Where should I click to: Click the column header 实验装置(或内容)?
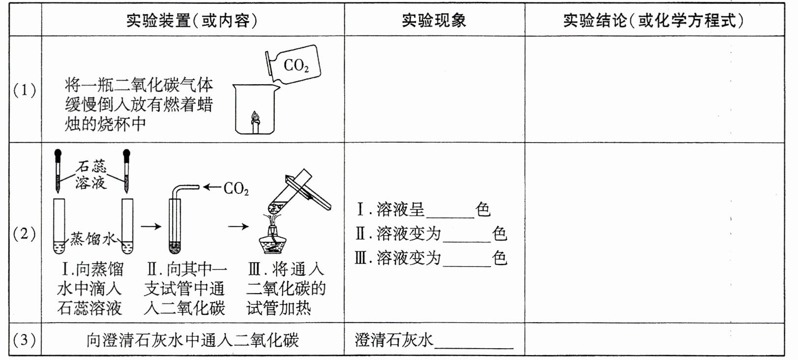click(x=192, y=21)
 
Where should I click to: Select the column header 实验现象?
click(x=434, y=21)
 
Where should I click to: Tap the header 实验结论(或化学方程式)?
click(x=653, y=21)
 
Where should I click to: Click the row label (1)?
click(x=25, y=90)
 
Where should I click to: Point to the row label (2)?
click(x=25, y=234)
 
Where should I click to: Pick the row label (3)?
click(x=25, y=340)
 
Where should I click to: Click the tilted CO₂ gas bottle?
click(x=293, y=64)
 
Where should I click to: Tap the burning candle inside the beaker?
click(x=255, y=122)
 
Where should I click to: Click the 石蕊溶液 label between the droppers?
click(x=91, y=175)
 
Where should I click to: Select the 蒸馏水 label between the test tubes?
click(x=92, y=239)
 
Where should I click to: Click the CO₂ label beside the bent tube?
click(x=236, y=188)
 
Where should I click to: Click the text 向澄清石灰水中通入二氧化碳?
click(x=192, y=340)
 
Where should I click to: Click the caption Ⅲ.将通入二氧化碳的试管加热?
click(x=286, y=289)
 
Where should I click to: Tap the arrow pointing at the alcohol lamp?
click(x=238, y=227)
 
